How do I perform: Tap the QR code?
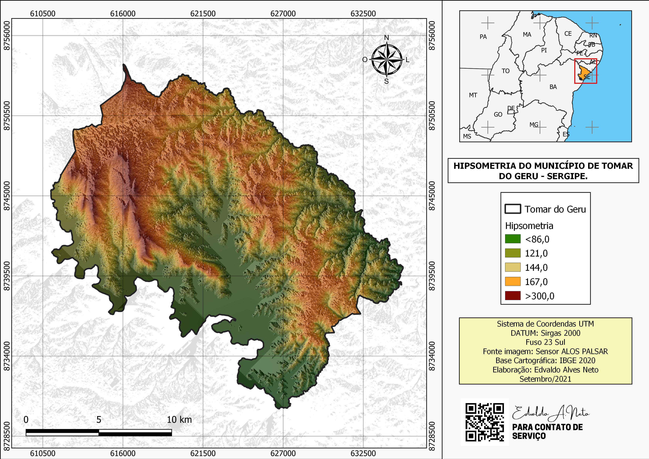(484, 422)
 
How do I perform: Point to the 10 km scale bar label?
(179, 420)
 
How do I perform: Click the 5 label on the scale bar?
(99, 420)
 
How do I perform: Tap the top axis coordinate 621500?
(203, 14)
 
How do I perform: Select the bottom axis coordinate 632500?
(363, 453)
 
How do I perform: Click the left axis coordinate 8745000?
(6, 196)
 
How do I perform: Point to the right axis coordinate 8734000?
(432, 356)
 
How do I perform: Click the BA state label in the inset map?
(553, 87)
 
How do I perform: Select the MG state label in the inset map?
(534, 125)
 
